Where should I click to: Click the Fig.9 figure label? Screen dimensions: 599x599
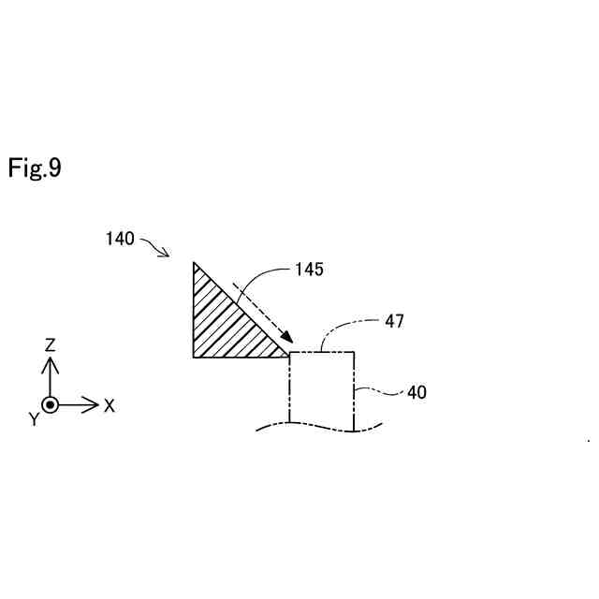(x=35, y=168)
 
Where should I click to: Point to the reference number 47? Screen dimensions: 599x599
(x=394, y=321)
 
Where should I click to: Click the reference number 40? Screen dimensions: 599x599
(x=416, y=392)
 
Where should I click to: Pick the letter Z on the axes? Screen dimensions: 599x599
(x=51, y=344)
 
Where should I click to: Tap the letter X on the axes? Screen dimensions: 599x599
(x=110, y=405)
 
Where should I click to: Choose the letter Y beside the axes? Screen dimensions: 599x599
(x=34, y=420)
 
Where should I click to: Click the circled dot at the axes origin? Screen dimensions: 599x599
(x=51, y=404)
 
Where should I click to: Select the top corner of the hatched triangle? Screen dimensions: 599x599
(x=194, y=263)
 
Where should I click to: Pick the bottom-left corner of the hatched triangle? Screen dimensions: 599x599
(x=194, y=357)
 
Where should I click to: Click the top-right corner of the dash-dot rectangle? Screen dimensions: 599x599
(x=355, y=352)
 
